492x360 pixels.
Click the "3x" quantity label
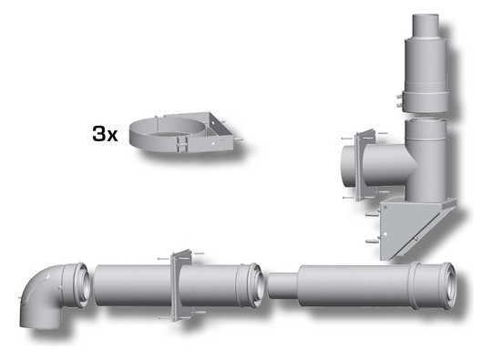click(105, 133)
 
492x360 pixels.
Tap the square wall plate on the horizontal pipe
click(181, 284)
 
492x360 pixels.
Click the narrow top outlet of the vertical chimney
click(425, 26)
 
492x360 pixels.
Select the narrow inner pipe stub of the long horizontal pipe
click(282, 285)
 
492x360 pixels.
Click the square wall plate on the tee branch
click(364, 165)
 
